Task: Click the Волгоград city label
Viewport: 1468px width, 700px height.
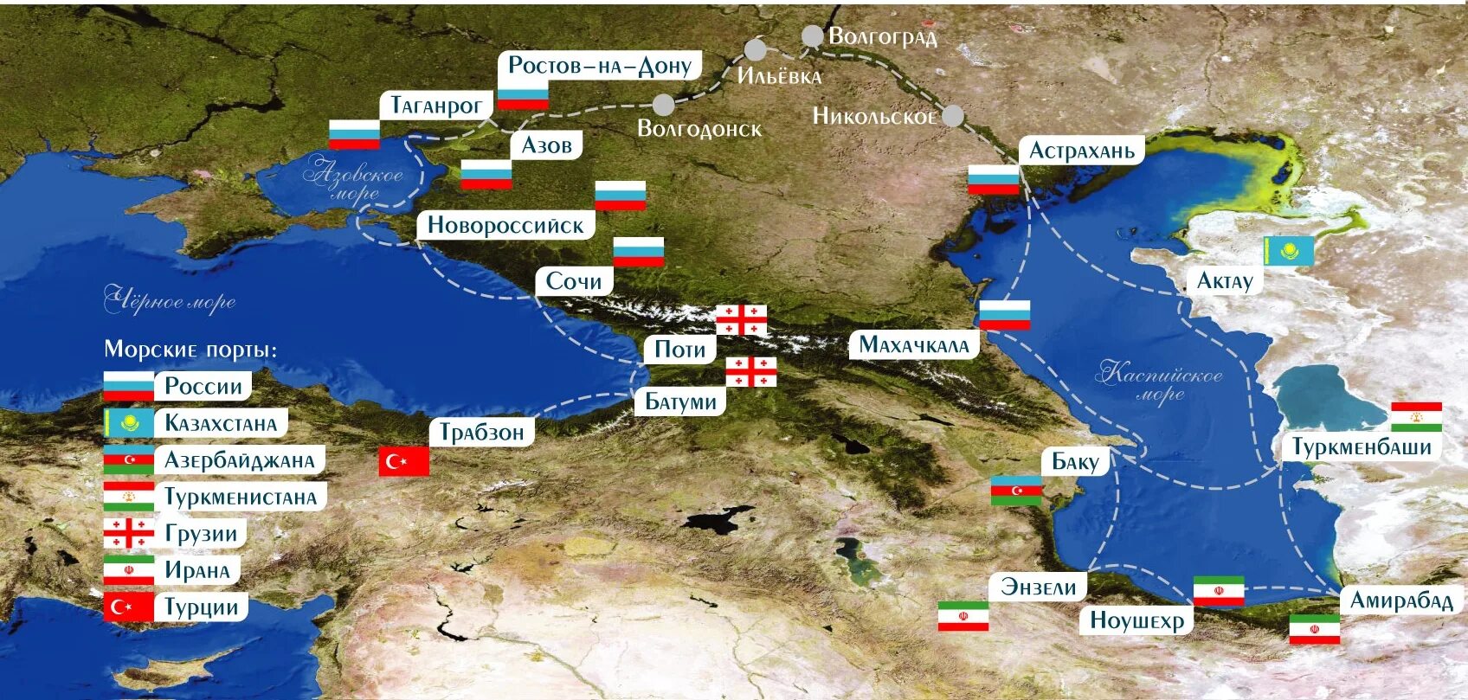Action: tap(882, 36)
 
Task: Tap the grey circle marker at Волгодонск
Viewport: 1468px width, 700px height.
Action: tap(663, 105)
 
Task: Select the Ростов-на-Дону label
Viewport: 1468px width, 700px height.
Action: tap(599, 65)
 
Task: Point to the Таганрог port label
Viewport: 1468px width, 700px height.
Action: tap(435, 106)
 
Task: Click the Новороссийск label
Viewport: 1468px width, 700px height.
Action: tap(505, 226)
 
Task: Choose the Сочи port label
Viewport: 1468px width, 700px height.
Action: tap(573, 281)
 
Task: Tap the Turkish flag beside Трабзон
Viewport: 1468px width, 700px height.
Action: tap(404, 461)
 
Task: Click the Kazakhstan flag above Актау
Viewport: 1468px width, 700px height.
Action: tap(1289, 251)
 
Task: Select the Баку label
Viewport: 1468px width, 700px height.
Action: tap(1074, 461)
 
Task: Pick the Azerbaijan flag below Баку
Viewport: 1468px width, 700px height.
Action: tap(1016, 491)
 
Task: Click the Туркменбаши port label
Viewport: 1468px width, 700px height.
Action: tap(1362, 446)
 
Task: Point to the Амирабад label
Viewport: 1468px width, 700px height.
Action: tap(1400, 600)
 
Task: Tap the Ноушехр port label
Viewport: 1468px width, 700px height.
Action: tap(1136, 620)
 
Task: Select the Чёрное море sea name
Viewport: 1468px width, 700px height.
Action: tap(170, 300)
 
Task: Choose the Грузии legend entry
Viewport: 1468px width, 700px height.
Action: tap(201, 534)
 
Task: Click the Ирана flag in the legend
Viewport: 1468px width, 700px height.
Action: tap(128, 570)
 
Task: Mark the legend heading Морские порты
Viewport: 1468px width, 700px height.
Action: tap(190, 350)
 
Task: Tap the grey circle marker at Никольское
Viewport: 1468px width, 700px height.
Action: tap(953, 116)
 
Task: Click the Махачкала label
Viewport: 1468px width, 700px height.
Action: tap(913, 345)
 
